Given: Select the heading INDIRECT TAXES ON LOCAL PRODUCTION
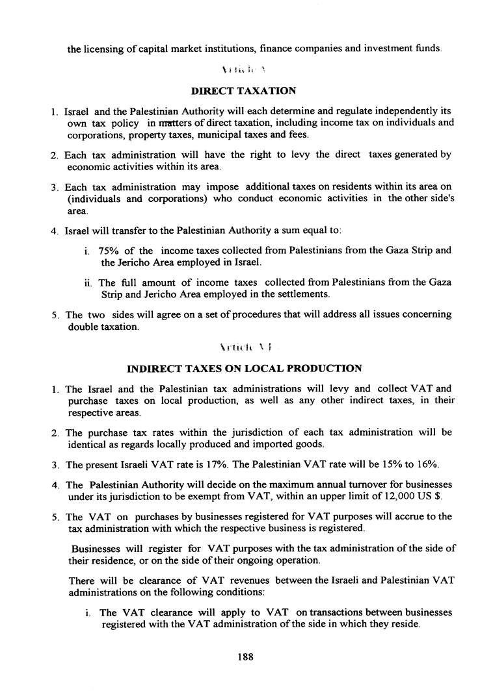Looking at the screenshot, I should coord(244,369).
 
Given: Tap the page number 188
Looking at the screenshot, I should coord(245,656).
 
